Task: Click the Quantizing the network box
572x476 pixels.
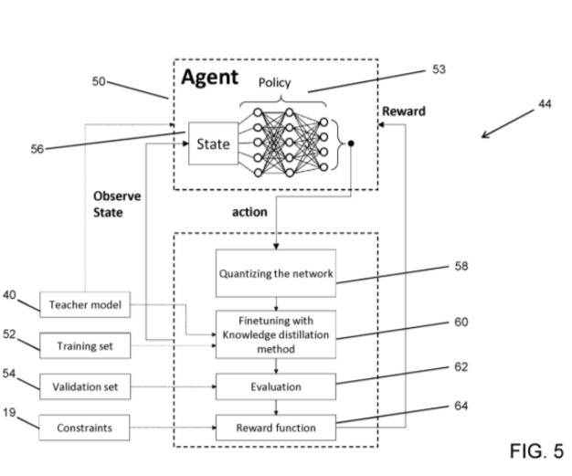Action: pyautogui.click(x=275, y=271)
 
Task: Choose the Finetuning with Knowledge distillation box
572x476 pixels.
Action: pyautogui.click(x=275, y=334)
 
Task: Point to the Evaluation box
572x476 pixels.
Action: pyautogui.click(x=275, y=387)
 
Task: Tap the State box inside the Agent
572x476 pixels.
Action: pyautogui.click(x=213, y=143)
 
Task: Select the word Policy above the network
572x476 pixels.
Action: pyautogui.click(x=274, y=82)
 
